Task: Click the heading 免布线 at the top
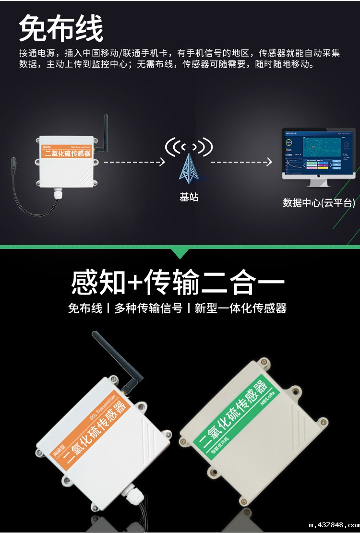pyautogui.click(x=61, y=29)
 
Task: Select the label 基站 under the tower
pyautogui.click(x=189, y=197)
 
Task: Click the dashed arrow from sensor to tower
pyautogui.click(x=134, y=162)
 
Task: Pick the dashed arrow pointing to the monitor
pyautogui.click(x=241, y=162)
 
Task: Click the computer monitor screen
pyautogui.click(x=318, y=152)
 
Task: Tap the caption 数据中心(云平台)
pyautogui.click(x=319, y=203)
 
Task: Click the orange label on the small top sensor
pyautogui.click(x=67, y=152)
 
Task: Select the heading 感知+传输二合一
pyautogui.click(x=178, y=282)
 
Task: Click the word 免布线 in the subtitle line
pyautogui.click(x=85, y=308)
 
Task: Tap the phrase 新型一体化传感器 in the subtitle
pyautogui.click(x=240, y=308)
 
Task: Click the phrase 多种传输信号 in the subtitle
pyautogui.click(x=148, y=308)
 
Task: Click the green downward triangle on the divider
pyautogui.click(x=180, y=253)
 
